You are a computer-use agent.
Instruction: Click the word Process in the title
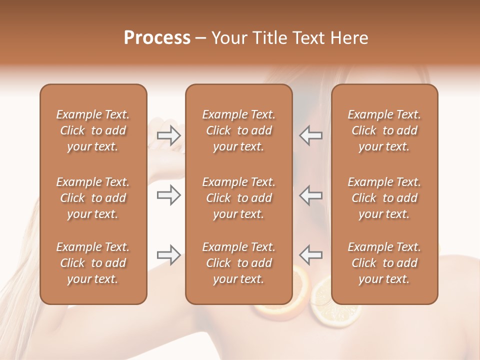click(x=157, y=38)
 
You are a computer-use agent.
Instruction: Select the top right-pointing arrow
click(x=168, y=135)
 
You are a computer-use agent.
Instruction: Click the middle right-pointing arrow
click(x=168, y=195)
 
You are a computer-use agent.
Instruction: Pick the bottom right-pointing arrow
click(x=168, y=255)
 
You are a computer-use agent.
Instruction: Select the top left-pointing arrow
click(x=311, y=135)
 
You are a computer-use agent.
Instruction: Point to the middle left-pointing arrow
click(x=311, y=195)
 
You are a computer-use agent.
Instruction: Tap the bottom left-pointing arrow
click(x=311, y=255)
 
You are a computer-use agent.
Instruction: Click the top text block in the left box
click(x=93, y=130)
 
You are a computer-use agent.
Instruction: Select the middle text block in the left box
click(x=93, y=198)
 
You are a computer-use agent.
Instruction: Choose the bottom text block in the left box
click(x=93, y=263)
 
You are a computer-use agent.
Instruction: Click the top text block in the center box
click(x=238, y=130)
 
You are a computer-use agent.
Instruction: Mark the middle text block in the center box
click(x=238, y=198)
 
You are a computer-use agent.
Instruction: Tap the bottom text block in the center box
click(x=238, y=263)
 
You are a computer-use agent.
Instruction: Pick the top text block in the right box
click(x=384, y=130)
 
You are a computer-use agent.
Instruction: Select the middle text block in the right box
click(x=384, y=198)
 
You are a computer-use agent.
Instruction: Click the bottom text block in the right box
click(x=384, y=263)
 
